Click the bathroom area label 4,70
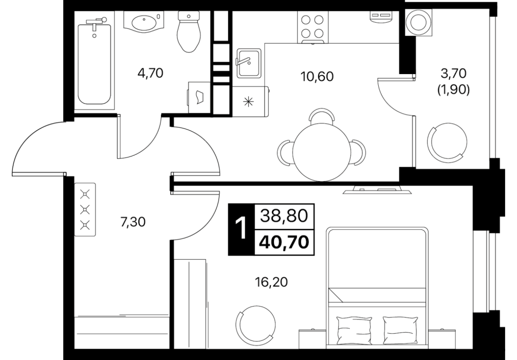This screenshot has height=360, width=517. [x=151, y=73]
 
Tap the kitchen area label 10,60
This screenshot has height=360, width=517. [x=317, y=76]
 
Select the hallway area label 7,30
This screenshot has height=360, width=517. [x=133, y=222]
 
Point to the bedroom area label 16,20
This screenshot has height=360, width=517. [x=271, y=282]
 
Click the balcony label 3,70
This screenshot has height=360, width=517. [x=453, y=73]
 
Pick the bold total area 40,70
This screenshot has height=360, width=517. [x=284, y=243]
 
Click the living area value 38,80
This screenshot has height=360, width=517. [x=284, y=216]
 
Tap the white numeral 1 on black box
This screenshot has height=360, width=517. [x=242, y=229]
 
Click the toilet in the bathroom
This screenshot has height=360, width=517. [x=189, y=32]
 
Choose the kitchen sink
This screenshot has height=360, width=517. [x=249, y=63]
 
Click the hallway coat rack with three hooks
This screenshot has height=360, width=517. [x=85, y=210]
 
